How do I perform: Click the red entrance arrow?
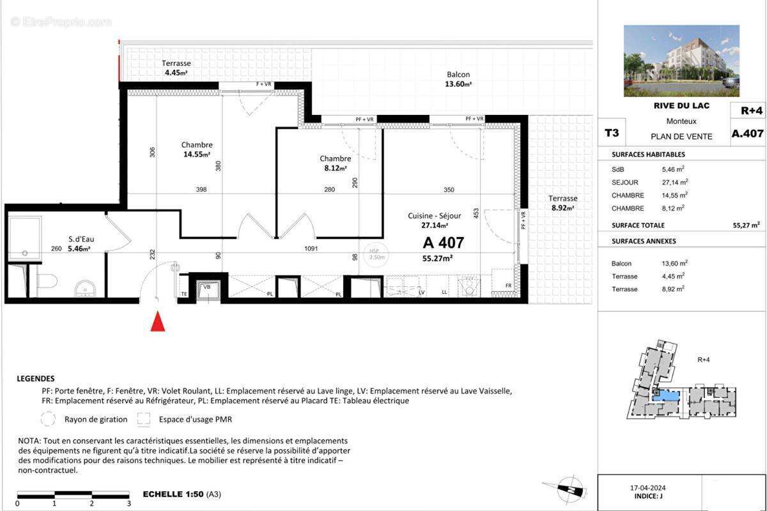(157, 322)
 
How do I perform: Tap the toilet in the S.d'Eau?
(47, 280)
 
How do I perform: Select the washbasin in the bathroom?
(84, 290)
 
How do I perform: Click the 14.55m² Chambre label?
(196, 149)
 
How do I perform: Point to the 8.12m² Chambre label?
(335, 164)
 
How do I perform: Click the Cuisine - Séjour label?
(434, 220)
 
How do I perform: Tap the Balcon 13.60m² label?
(458, 79)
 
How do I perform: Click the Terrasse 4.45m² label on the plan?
(176, 68)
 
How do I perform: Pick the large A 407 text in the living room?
(443, 243)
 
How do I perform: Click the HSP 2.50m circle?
(372, 254)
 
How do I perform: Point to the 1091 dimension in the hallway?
(311, 248)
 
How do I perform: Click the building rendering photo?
(681, 61)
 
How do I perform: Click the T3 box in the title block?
(612, 133)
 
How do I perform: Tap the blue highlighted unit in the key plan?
(669, 396)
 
